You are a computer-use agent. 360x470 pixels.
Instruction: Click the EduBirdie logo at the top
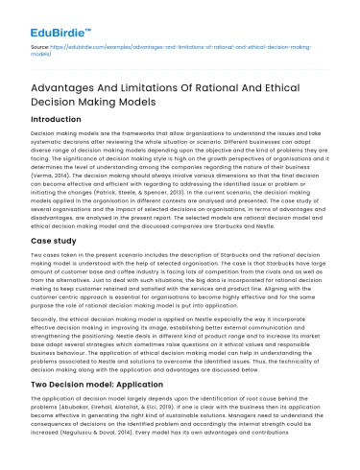click(x=49, y=18)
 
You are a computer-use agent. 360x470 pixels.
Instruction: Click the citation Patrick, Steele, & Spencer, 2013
click(x=179, y=186)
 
